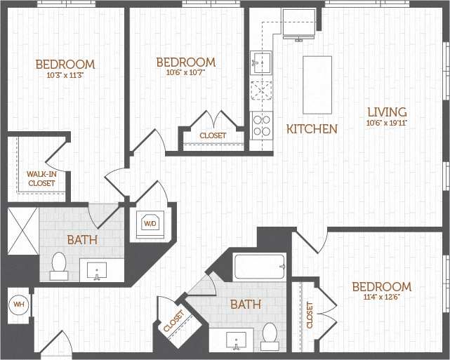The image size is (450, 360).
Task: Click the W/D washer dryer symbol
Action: point(150,224)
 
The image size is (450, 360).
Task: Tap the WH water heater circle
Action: point(19,305)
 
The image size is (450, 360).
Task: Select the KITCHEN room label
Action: point(312,129)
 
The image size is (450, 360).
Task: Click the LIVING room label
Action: point(386,112)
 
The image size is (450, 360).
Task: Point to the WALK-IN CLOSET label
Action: point(41,178)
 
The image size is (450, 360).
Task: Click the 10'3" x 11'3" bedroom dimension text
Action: point(65,76)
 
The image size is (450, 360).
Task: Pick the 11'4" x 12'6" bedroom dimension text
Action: point(381,298)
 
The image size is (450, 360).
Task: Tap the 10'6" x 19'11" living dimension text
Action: point(386,123)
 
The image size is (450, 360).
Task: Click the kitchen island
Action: point(317,84)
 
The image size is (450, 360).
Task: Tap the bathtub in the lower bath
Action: point(259,267)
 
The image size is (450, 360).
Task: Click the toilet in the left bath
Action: point(59,265)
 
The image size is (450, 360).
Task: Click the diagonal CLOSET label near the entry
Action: point(173,322)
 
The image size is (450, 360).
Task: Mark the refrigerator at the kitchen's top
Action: point(299,24)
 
